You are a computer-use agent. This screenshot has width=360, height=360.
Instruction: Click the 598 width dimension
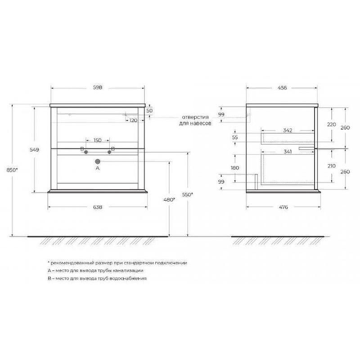click(x=98, y=87)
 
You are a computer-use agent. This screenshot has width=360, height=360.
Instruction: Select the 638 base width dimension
click(x=98, y=207)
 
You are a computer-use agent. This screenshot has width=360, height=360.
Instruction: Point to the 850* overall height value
click(x=12, y=170)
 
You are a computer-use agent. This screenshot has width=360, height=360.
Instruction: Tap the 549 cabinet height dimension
click(x=35, y=150)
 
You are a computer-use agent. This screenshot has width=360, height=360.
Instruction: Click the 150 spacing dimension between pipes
click(x=98, y=140)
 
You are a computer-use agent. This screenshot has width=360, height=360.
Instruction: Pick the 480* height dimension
click(x=169, y=200)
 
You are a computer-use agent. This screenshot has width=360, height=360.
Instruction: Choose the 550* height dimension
click(x=188, y=195)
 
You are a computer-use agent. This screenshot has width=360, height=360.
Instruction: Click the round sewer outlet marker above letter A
click(x=98, y=162)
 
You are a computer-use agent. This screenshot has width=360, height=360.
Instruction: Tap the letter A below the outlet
click(x=98, y=168)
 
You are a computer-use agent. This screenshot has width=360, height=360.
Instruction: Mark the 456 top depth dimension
click(x=282, y=88)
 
